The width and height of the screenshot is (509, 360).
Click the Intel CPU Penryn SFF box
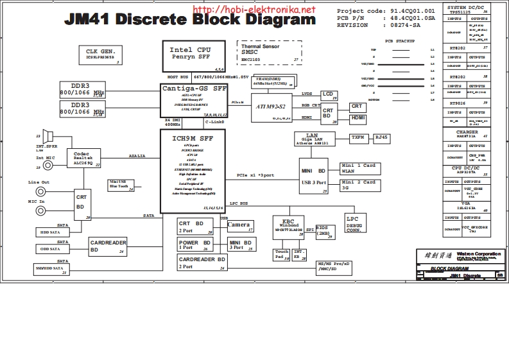[x=194, y=57]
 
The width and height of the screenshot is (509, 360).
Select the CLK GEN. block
[x=101, y=54]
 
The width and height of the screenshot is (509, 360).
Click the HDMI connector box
[x=358, y=119]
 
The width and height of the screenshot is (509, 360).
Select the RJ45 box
[x=382, y=137]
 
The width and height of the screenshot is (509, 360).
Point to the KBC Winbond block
[x=288, y=227]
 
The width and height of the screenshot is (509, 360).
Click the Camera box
[x=241, y=227]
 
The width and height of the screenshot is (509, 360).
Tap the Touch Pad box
[x=281, y=254]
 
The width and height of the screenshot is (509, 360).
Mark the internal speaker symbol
[x=47, y=136]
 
